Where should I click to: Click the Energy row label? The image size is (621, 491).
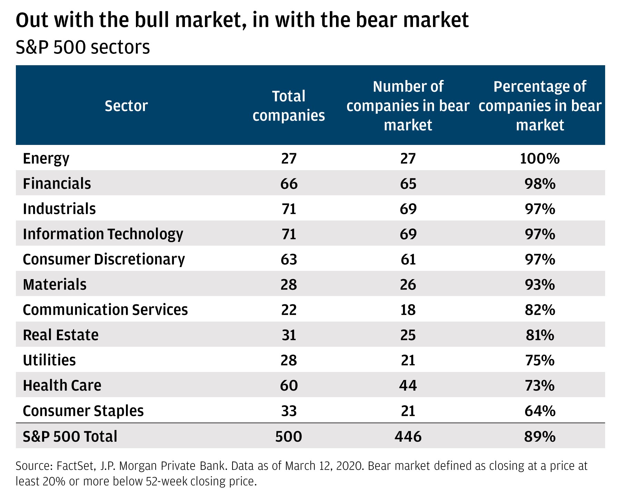(46, 158)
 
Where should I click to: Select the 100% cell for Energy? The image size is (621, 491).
(540, 158)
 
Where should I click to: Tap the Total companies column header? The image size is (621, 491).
(289, 106)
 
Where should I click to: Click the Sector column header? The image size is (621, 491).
(126, 106)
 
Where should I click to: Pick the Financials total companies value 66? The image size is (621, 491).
(289, 184)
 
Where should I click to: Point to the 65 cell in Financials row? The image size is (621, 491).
(408, 184)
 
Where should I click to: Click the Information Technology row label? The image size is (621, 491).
(103, 234)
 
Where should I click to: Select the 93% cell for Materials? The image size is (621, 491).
(540, 284)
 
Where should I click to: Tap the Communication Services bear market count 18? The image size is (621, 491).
(408, 310)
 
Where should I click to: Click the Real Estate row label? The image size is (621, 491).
(61, 335)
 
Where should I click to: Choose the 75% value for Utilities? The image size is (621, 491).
(540, 360)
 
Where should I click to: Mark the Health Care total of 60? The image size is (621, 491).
(289, 385)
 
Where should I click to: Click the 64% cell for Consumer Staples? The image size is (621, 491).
(540, 411)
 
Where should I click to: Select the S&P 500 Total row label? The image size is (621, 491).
(70, 436)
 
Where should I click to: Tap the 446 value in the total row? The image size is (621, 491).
(408, 436)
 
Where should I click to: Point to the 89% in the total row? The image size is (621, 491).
(540, 436)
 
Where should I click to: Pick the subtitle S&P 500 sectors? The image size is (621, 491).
(83, 47)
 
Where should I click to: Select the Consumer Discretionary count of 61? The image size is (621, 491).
(408, 259)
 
